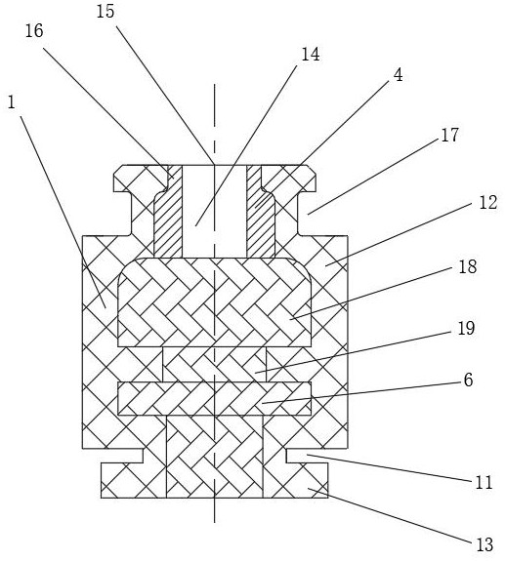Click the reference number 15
click(x=105, y=12)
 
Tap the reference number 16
click(x=34, y=31)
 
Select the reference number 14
click(x=311, y=55)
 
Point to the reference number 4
click(x=398, y=75)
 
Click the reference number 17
click(x=449, y=136)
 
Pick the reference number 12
click(x=488, y=203)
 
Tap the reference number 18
click(x=468, y=267)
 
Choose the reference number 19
click(x=466, y=328)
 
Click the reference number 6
click(x=469, y=380)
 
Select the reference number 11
click(x=484, y=482)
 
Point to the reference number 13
click(x=485, y=544)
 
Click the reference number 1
click(x=12, y=103)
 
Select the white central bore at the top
click(x=215, y=211)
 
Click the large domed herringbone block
click(x=215, y=302)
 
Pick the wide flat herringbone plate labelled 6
click(x=215, y=399)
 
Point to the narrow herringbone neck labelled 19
click(x=215, y=364)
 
